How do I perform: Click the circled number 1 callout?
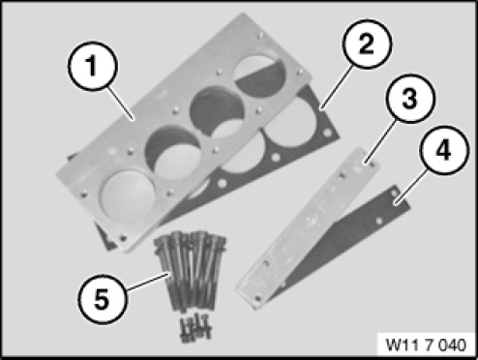coord(93,66)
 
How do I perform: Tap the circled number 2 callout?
coord(367,45)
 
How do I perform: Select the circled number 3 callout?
coord(409,99)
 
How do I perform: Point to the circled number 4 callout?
coord(443,150)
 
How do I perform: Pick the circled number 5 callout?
coord(103,299)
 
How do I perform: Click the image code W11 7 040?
coord(426,345)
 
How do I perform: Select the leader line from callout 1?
coord(121,104)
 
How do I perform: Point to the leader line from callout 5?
coord(147,282)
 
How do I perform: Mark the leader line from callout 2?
coord(337,86)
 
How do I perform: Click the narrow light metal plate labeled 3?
coord(307,228)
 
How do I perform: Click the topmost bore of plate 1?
coord(259,74)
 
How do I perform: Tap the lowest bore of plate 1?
coord(128,196)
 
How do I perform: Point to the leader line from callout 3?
coord(380,141)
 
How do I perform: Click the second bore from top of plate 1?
coord(216,111)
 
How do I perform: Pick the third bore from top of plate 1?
coord(173,152)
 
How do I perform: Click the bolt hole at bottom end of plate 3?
coord(257,298)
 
